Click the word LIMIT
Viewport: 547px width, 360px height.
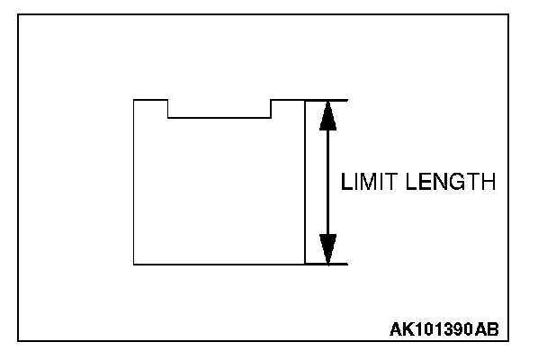point(365,183)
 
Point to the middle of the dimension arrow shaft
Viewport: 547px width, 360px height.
point(327,182)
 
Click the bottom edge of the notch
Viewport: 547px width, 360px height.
point(220,117)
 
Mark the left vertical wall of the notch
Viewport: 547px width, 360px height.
point(168,108)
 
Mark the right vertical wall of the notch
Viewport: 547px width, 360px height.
point(272,108)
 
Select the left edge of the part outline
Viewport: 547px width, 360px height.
point(133,182)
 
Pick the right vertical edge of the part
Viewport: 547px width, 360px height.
point(305,182)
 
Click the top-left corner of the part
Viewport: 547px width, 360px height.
point(133,100)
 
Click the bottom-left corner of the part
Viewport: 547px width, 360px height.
point(133,265)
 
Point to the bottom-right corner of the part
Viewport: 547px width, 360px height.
point(305,265)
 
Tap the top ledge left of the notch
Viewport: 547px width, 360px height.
point(150,100)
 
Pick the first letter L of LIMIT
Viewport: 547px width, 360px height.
point(345,183)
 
